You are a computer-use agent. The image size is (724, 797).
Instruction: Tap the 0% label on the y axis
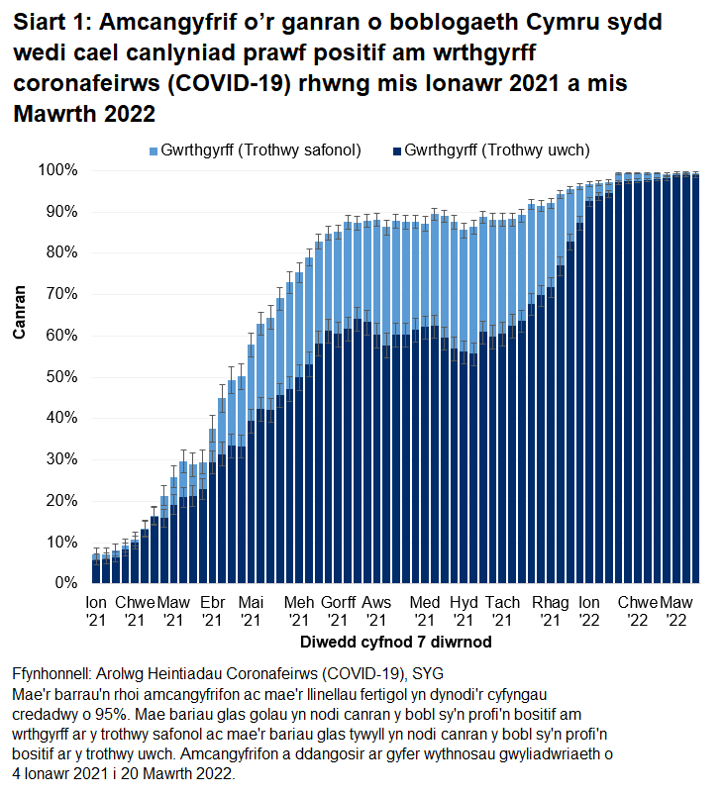(x=65, y=583)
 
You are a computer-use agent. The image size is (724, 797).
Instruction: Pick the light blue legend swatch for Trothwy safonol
(x=154, y=150)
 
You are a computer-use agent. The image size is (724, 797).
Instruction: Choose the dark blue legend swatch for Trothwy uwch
(x=397, y=150)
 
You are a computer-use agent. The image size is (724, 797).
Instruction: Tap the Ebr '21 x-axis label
(x=212, y=611)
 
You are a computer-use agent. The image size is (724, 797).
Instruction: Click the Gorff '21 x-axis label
(x=338, y=611)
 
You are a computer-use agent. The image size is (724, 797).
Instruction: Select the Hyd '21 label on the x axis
(x=464, y=611)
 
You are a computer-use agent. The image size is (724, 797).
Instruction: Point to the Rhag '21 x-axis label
(x=549, y=611)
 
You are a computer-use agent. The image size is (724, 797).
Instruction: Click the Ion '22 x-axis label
(x=589, y=611)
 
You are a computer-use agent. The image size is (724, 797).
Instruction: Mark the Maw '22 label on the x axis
(x=676, y=611)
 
